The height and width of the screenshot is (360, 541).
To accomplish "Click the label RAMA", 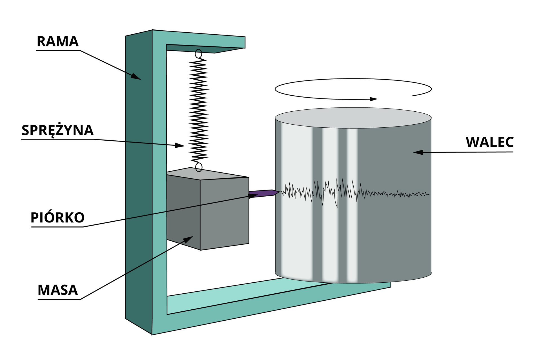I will click(x=57, y=41).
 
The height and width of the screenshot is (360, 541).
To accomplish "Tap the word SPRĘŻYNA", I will click(x=57, y=130).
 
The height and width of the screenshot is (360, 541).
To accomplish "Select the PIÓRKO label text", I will click(x=57, y=217).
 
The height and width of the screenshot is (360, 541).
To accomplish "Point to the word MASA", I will click(x=57, y=290).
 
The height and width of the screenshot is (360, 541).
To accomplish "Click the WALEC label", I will click(x=490, y=142).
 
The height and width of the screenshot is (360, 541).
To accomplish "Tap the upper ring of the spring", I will click(x=198, y=53).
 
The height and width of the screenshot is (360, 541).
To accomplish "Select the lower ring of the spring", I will click(x=199, y=167).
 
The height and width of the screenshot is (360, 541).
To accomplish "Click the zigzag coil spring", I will click(x=199, y=110).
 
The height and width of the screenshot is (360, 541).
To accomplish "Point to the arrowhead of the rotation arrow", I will click(x=374, y=99).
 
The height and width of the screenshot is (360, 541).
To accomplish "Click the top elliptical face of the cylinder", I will click(x=353, y=118).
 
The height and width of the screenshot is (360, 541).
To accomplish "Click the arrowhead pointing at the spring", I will click(x=180, y=145).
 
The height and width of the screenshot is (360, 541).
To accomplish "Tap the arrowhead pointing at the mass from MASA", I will click(x=188, y=239).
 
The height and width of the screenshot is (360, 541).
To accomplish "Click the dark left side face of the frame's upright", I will click(x=139, y=183).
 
